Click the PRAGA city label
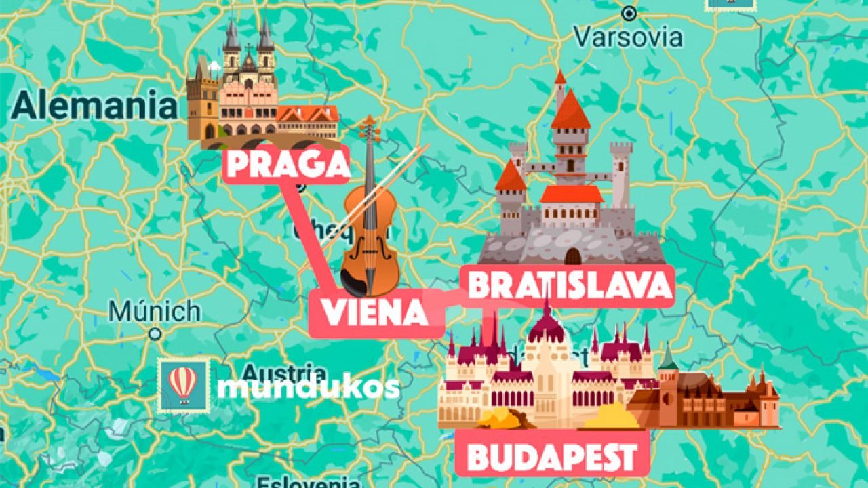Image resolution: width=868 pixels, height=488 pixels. pos(286,165)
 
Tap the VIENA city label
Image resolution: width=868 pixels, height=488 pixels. pos(374,312)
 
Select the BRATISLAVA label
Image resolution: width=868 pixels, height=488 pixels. pos(568,286)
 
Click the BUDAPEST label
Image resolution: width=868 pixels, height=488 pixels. pos(552,457)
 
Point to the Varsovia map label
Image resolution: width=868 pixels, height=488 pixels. pos(628,37)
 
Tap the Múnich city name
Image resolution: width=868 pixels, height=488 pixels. pos(155,312)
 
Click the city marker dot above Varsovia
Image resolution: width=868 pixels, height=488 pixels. pos(629,13)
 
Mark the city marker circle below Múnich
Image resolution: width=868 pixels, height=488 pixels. pos(155,334)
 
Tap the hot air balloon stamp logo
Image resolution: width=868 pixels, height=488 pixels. pos(183,386)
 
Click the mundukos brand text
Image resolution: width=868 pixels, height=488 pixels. pos(308,387)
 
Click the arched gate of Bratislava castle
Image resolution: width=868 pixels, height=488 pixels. pos(573,256)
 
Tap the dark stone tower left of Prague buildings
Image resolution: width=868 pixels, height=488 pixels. pos(201,102)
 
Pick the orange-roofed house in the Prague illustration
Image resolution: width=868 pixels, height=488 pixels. pos(307,122)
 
